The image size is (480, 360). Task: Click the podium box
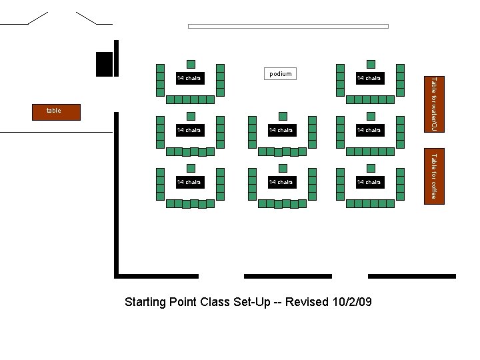[x=280, y=74]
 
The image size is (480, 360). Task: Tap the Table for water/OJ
[x=433, y=103]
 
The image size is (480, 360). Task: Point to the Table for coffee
[x=433, y=176]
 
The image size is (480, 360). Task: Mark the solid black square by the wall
[x=104, y=64]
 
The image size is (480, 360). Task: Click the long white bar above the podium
[x=288, y=27]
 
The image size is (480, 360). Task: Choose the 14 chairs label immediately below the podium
[x=281, y=130]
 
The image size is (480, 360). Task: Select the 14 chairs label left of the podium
[x=189, y=78]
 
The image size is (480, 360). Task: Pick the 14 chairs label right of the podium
[x=369, y=78]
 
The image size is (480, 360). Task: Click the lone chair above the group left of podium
[x=191, y=64]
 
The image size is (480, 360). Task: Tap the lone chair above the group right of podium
[x=371, y=64]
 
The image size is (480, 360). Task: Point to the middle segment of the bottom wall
[x=288, y=276]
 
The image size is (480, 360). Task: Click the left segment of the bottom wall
[x=157, y=276]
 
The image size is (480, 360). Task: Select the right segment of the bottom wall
[x=412, y=276]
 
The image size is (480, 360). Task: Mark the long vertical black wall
[x=117, y=200]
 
